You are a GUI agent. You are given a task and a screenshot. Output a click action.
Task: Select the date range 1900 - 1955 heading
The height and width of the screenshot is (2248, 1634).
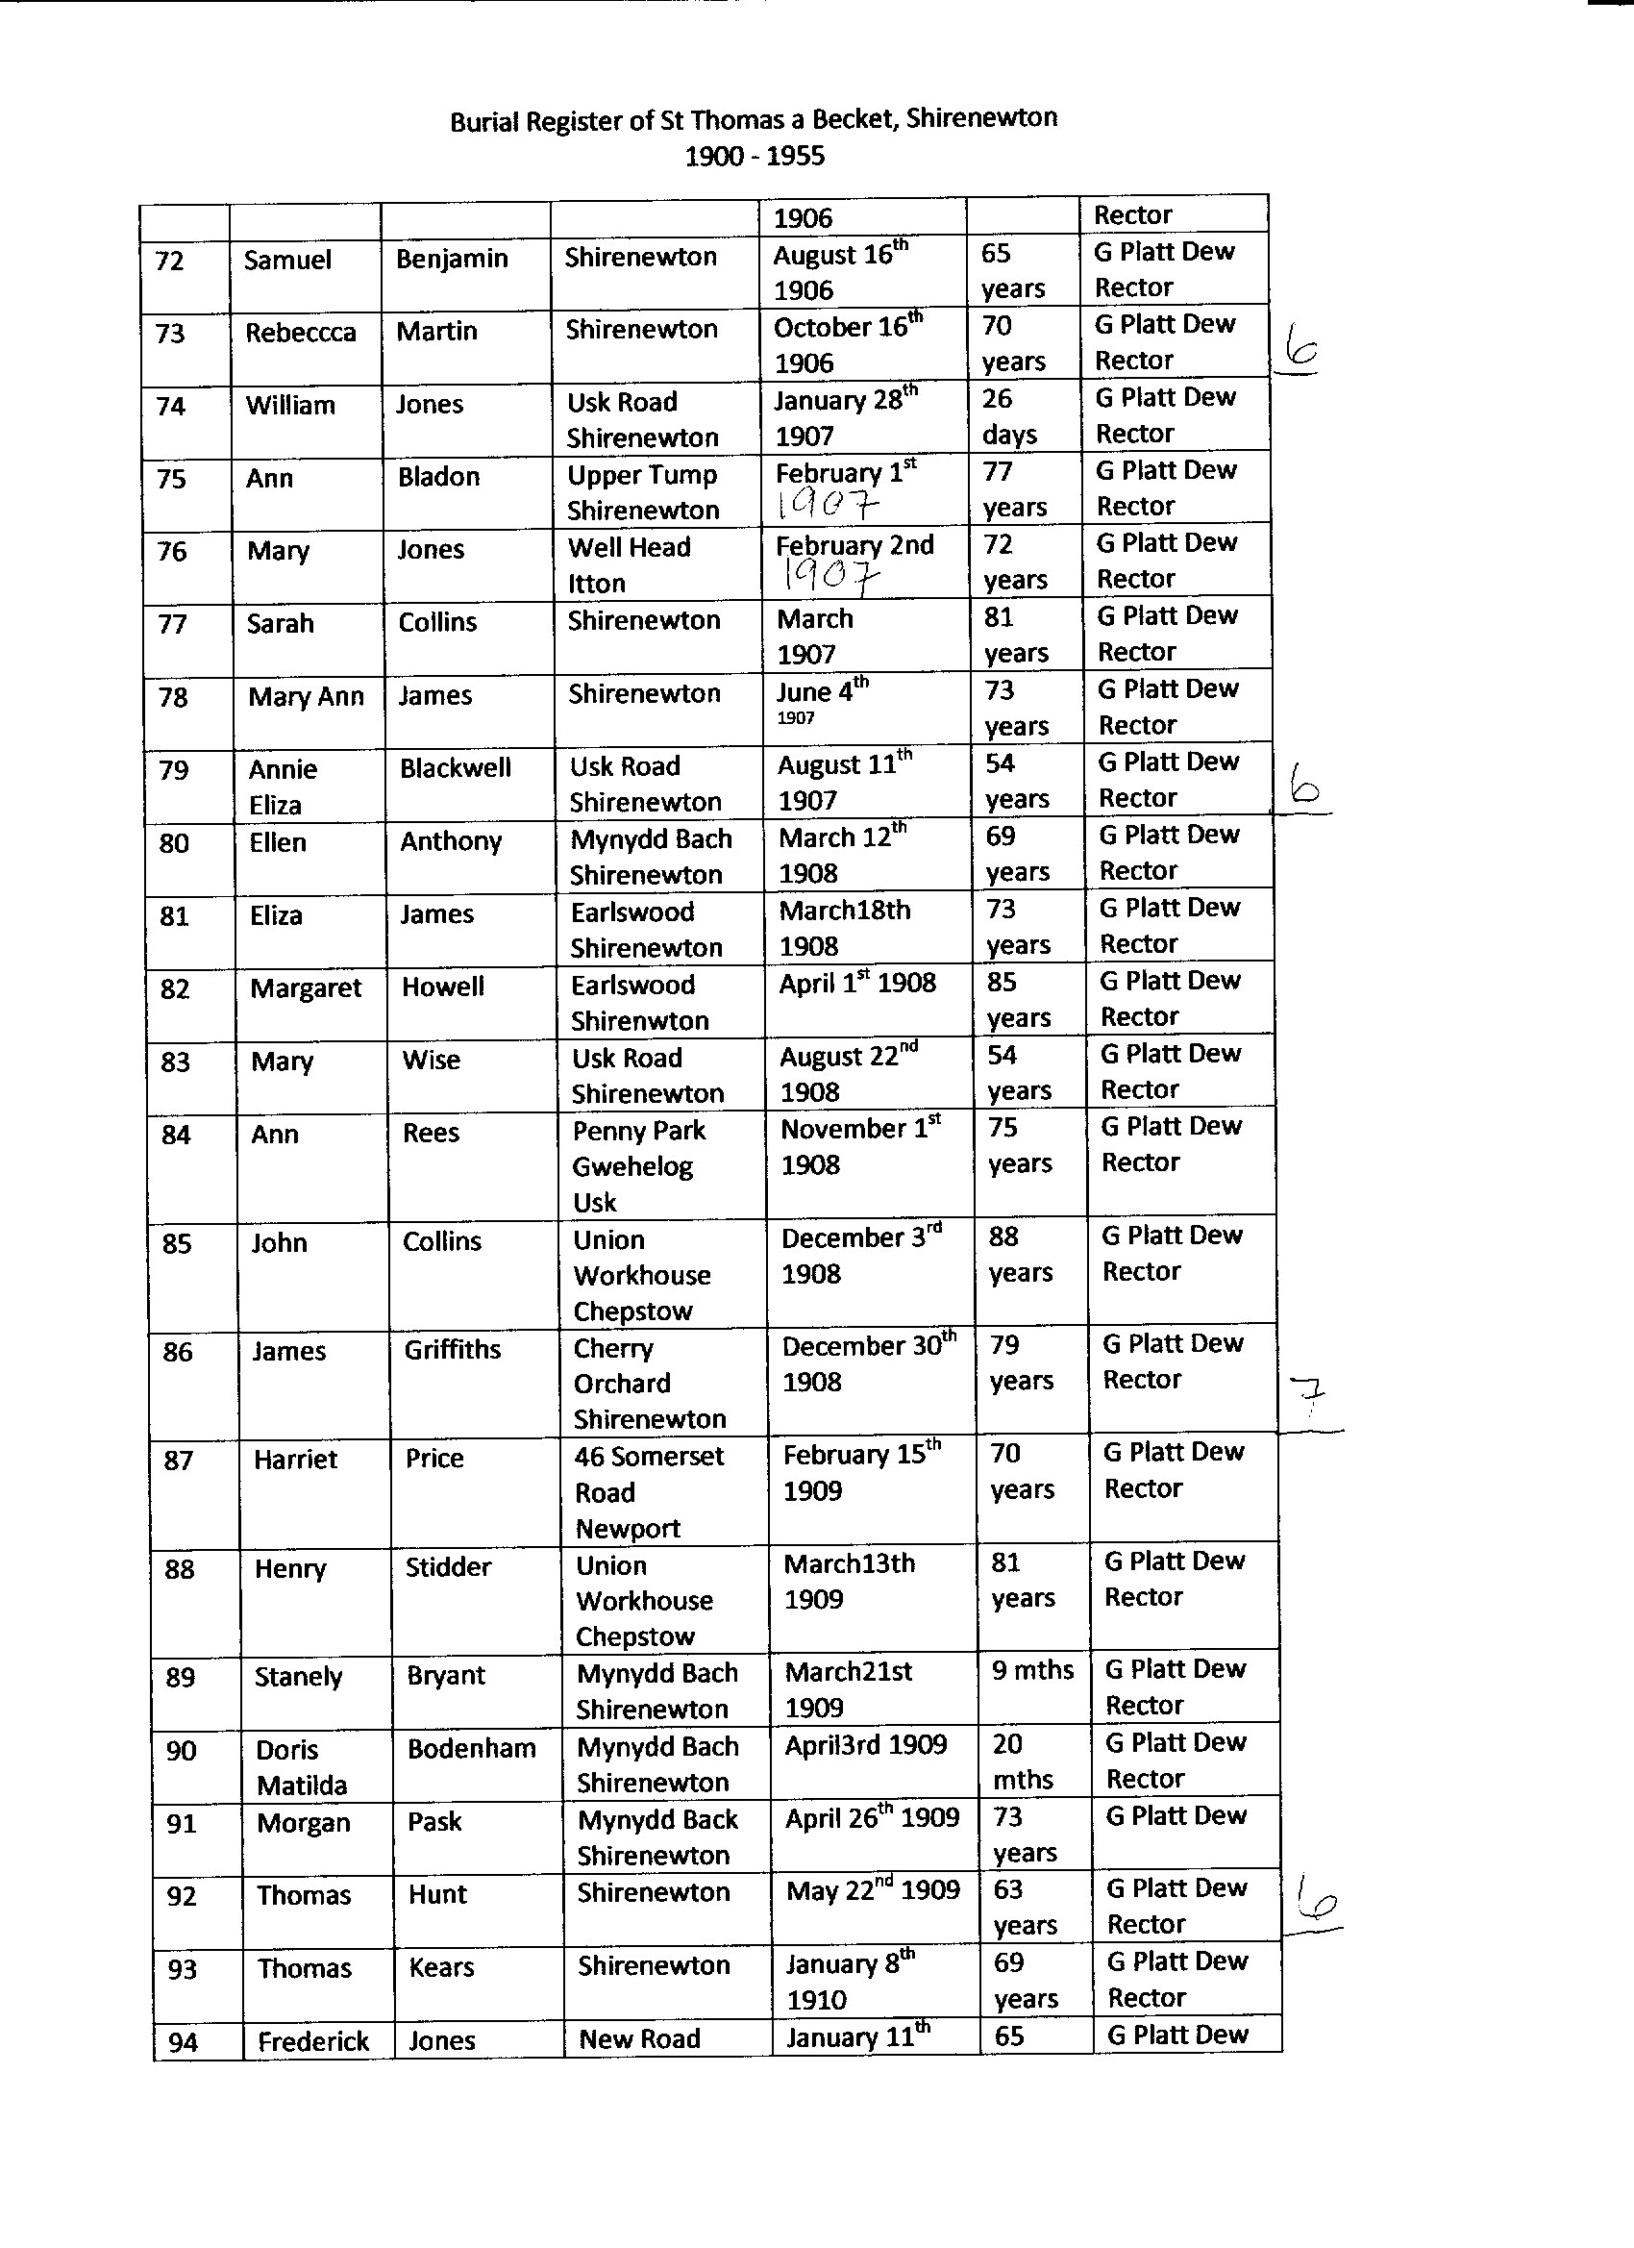click(x=755, y=157)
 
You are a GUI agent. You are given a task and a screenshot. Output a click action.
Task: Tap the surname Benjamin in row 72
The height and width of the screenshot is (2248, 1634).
click(x=452, y=259)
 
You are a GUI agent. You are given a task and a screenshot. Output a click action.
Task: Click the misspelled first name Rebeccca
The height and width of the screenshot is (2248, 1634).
click(x=300, y=332)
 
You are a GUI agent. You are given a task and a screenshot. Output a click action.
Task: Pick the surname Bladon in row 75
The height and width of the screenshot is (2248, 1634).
click(x=439, y=477)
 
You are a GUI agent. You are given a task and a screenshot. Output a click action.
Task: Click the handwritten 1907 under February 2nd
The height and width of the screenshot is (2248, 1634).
click(x=830, y=575)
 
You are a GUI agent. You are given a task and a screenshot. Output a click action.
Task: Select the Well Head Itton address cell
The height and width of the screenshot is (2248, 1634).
click(x=629, y=564)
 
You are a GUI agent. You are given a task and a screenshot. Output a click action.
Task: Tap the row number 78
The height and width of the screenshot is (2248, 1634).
click(x=172, y=697)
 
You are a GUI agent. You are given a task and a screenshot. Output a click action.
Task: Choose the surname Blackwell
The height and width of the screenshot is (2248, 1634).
click(x=455, y=768)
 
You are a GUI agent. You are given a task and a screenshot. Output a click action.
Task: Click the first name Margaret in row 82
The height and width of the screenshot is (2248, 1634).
click(x=306, y=988)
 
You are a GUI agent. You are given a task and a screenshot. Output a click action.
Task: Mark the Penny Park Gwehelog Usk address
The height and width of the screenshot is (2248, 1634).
click(x=638, y=1165)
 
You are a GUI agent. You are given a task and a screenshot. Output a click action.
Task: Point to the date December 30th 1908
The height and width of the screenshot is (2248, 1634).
click(x=868, y=1362)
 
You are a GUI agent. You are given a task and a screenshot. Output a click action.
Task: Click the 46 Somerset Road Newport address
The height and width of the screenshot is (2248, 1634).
click(x=649, y=1491)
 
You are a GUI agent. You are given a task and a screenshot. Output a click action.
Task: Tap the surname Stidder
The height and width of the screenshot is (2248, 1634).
click(x=448, y=1567)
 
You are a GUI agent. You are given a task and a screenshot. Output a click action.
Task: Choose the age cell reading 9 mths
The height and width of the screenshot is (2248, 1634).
click(x=1031, y=1670)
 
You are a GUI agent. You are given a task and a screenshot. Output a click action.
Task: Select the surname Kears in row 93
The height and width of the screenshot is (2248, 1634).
click(x=441, y=1966)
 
